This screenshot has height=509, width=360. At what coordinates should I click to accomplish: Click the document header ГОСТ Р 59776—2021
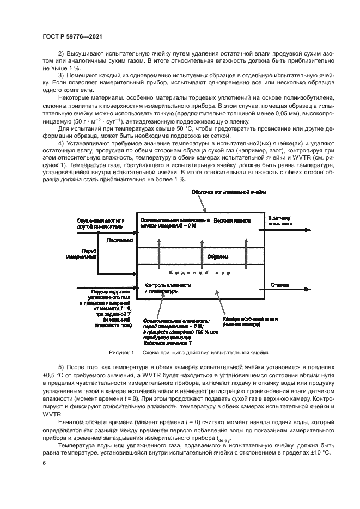(72, 36)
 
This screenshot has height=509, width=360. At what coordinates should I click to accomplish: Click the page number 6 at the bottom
(45, 463)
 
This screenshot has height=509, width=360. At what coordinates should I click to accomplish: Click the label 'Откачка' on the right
(279, 284)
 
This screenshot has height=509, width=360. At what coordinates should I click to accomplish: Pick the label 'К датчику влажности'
(281, 220)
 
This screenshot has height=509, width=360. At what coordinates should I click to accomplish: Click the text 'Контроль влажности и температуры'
(167, 288)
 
